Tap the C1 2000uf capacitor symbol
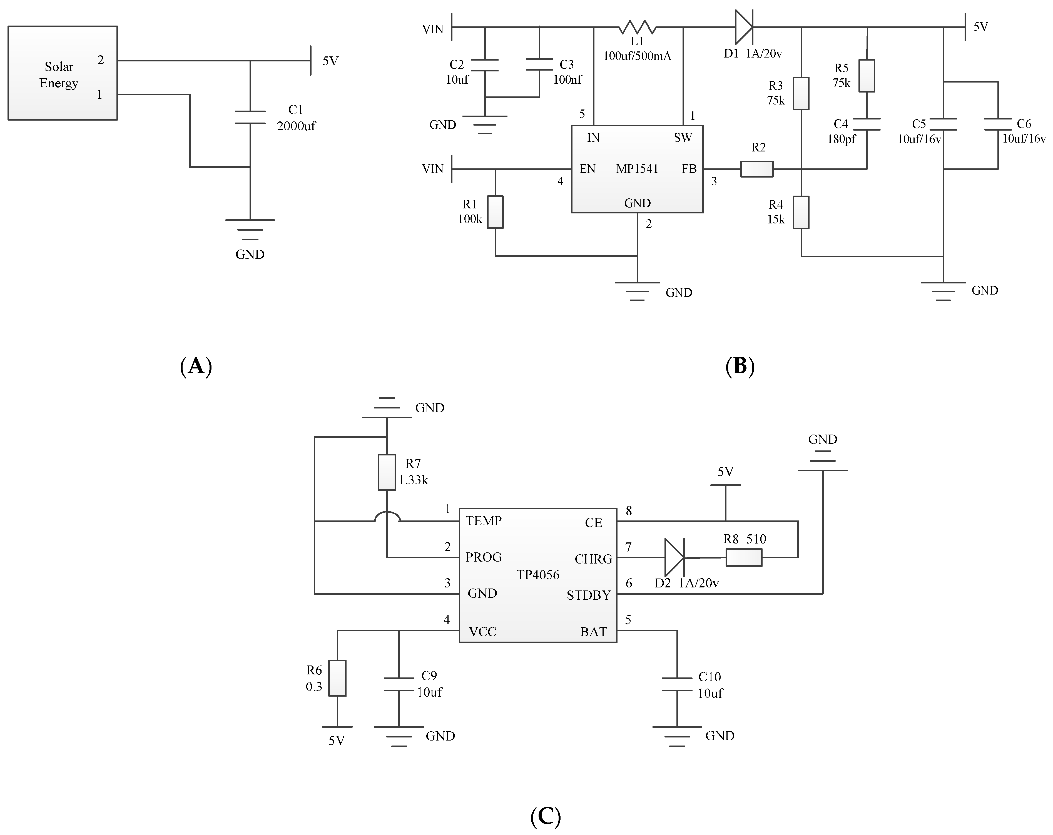[x=250, y=117]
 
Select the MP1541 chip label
[x=637, y=169]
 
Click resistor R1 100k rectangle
[x=495, y=212]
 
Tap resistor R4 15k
[x=801, y=212]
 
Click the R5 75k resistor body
[x=867, y=76]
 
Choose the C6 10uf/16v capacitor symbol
[x=998, y=124]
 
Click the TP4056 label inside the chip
[x=538, y=575]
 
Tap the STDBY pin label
[x=589, y=595]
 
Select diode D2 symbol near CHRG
[x=674, y=557]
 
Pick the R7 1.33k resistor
[x=387, y=472]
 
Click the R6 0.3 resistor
[x=337, y=678]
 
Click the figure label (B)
[x=740, y=366]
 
